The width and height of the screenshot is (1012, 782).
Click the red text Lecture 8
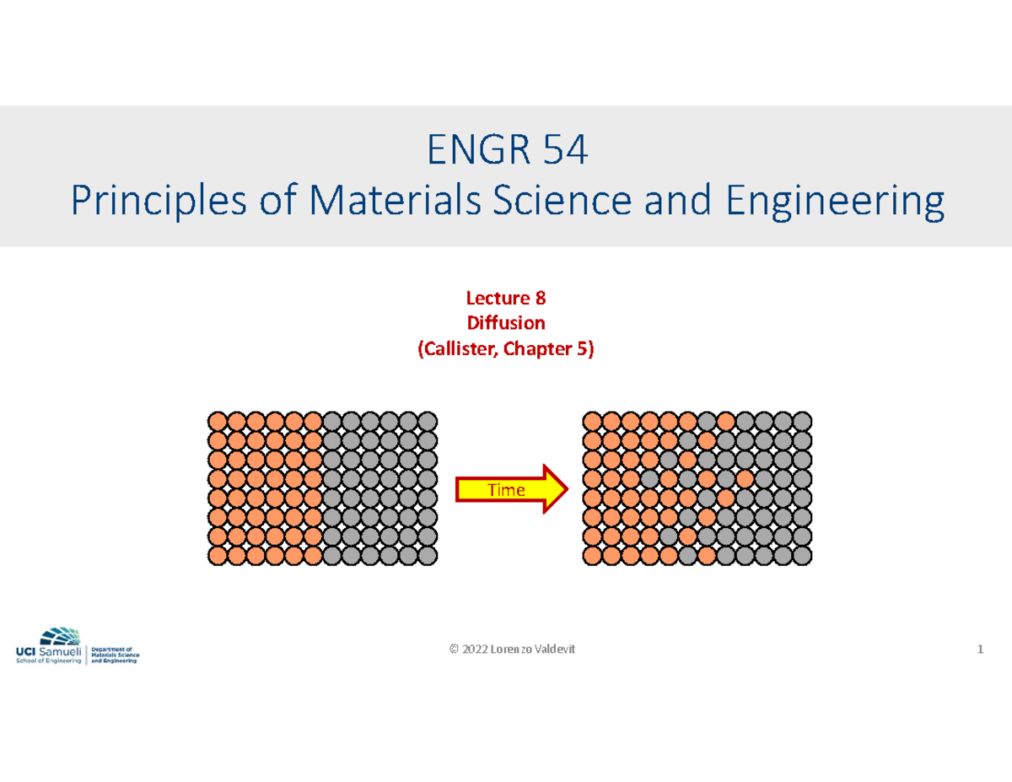click(506, 297)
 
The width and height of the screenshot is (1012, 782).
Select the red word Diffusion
click(506, 322)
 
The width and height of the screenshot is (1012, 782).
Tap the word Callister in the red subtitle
click(460, 348)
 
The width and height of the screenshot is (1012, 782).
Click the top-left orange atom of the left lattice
click(217, 421)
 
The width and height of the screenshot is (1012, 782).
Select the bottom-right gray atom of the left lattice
click(428, 554)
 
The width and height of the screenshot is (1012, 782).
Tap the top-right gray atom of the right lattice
click(802, 421)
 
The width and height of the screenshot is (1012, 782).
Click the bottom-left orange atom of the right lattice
click(591, 554)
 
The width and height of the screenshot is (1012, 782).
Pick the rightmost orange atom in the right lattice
click(744, 478)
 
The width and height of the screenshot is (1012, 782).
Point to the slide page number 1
click(980, 649)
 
